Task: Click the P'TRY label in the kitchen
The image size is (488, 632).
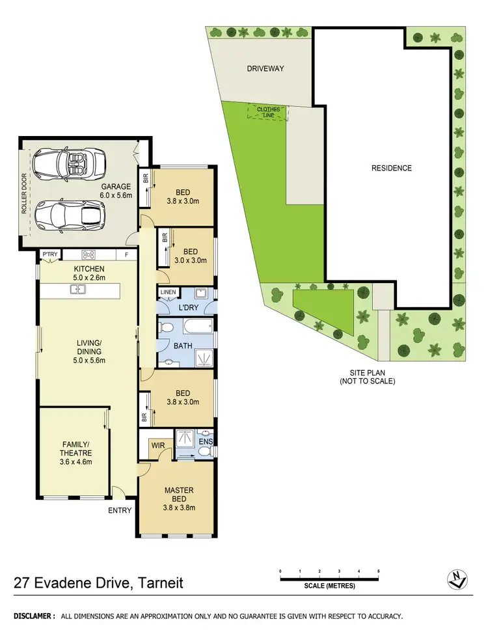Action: click(49, 254)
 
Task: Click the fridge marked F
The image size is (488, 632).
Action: click(126, 254)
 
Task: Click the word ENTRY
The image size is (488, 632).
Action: click(120, 510)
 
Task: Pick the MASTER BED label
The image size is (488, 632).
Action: click(179, 495)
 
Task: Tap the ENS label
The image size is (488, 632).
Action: click(206, 441)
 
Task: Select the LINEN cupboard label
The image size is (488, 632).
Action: click(168, 293)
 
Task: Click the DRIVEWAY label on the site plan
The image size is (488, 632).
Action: click(265, 68)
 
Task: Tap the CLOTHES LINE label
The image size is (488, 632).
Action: click(268, 112)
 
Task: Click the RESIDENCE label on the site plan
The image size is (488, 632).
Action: click(391, 168)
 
